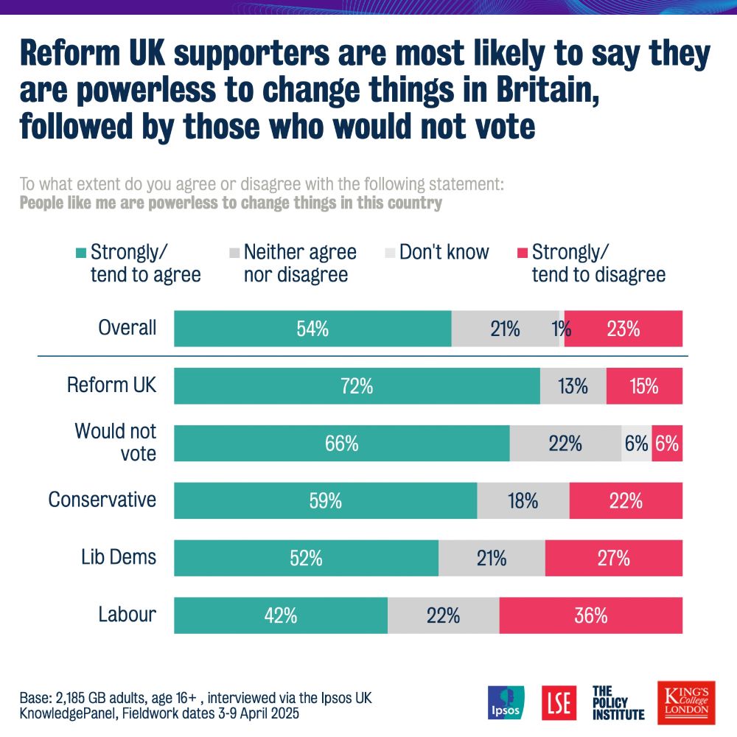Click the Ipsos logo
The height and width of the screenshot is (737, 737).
pos(506,703)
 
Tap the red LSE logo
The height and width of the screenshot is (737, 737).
pos(557,703)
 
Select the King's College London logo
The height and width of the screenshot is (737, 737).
pos(682,702)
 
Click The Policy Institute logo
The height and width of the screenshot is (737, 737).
pos(618,703)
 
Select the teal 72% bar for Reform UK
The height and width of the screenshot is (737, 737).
pos(357,385)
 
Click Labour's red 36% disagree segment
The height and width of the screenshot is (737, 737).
pos(590,615)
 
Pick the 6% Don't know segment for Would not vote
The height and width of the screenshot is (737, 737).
pos(636,444)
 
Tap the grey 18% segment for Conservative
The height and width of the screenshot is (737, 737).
pos(523,501)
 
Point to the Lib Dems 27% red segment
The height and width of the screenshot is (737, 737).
pos(613,558)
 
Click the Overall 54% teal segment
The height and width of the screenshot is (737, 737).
pos(312,329)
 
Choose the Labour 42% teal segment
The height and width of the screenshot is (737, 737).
pos(281,615)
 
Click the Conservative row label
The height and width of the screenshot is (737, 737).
pos(102,500)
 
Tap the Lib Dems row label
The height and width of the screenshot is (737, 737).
pos(119,556)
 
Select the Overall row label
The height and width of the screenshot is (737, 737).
pos(128,327)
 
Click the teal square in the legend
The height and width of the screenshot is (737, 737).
pos(80,253)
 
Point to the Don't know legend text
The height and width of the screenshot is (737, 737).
pos(444,252)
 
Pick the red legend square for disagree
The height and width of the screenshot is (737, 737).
pos(522,253)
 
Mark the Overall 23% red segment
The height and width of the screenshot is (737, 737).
pos(623,329)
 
